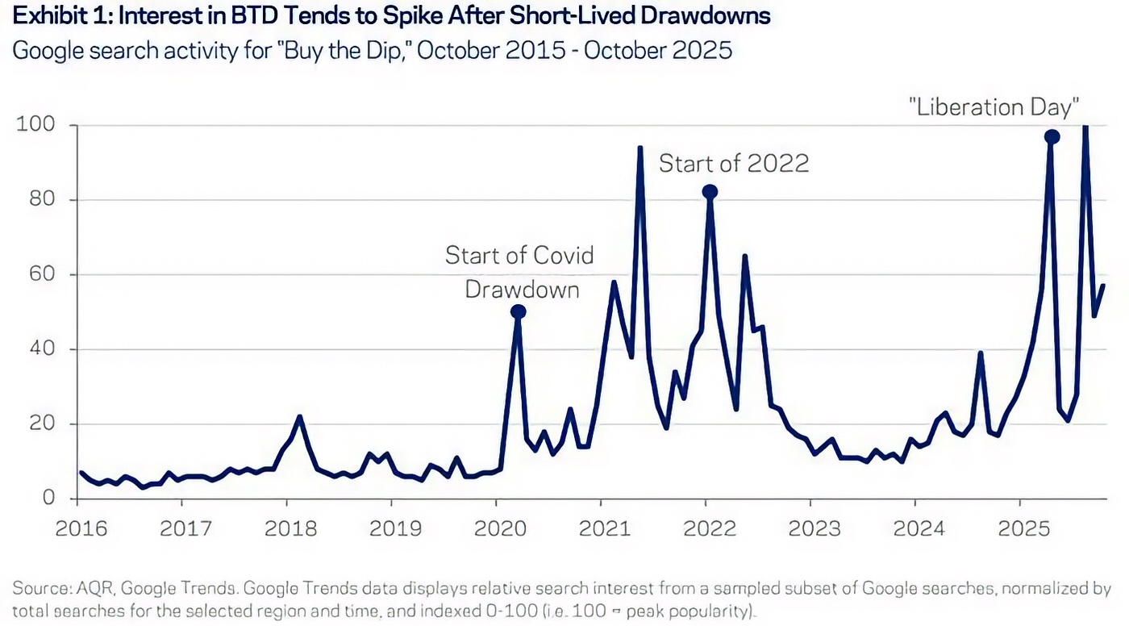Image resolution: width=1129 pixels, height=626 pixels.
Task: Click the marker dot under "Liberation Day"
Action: pos(1052,137)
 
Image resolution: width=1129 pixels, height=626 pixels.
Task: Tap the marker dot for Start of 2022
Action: pos(710,192)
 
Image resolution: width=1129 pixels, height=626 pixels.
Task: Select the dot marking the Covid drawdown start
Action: pos(519,311)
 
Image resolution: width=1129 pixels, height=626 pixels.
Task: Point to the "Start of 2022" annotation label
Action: pos(733,164)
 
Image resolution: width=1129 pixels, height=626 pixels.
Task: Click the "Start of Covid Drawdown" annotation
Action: pos(520,272)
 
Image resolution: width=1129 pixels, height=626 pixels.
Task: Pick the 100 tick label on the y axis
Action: pos(36,125)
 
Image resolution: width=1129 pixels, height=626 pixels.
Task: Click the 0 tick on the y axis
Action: pos(48,498)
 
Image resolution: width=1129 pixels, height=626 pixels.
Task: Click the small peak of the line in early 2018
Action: pos(299,416)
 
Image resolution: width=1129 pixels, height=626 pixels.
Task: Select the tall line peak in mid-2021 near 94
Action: pos(639,148)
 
